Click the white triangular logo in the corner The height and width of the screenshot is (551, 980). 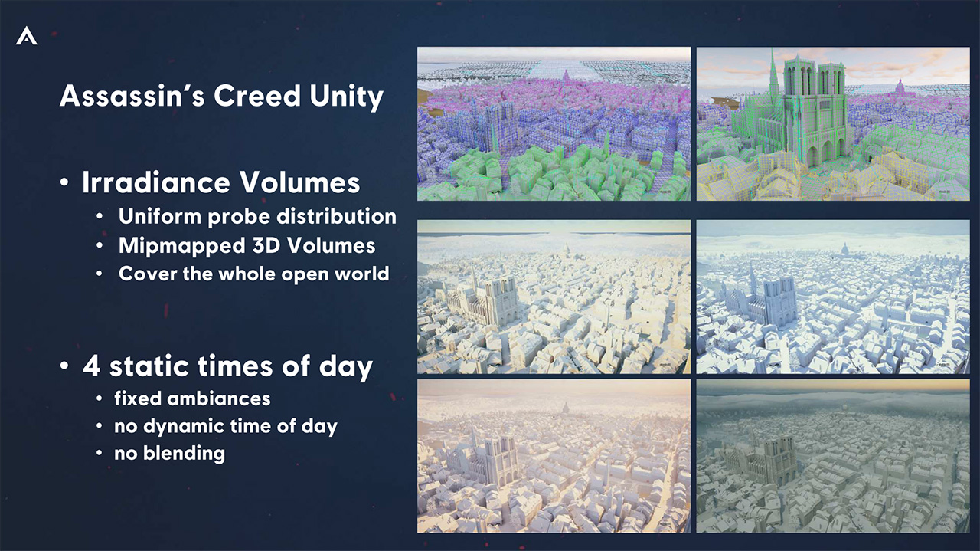pos(26,36)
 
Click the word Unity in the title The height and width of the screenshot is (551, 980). pos(346,97)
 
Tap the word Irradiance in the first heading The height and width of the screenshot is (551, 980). pos(155,182)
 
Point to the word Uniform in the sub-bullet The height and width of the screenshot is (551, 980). pos(160,216)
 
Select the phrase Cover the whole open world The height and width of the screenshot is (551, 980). pos(253,274)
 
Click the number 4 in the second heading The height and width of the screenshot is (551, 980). pos(91,366)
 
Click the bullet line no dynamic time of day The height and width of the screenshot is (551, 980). pos(226,426)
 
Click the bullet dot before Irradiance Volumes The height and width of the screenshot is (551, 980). pos(64,182)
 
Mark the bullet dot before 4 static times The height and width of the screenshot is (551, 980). pos(64,366)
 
